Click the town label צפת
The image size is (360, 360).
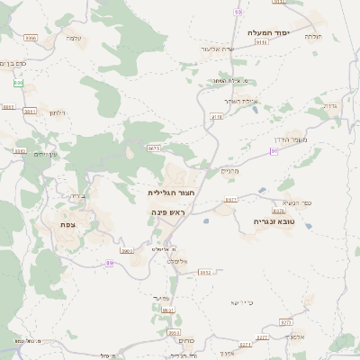(x=67, y=224)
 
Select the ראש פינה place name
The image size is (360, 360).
(x=167, y=211)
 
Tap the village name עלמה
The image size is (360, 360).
(x=74, y=38)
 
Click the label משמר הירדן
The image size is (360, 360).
(x=312, y=140)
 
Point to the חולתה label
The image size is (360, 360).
(x=314, y=37)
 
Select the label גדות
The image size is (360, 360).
(x=328, y=105)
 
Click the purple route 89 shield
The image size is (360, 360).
(x=109, y=263)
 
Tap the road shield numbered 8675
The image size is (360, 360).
(x=153, y=148)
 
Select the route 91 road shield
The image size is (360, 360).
(x=274, y=151)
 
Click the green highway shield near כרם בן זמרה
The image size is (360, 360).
(x=18, y=83)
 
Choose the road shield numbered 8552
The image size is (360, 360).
(x=204, y=272)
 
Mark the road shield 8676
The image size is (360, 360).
(x=216, y=117)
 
